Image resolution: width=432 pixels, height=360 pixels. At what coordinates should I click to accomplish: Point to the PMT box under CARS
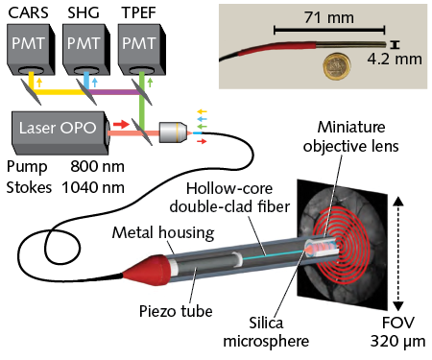point(32,51)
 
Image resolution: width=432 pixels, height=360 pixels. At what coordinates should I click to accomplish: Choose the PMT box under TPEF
point(139,51)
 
